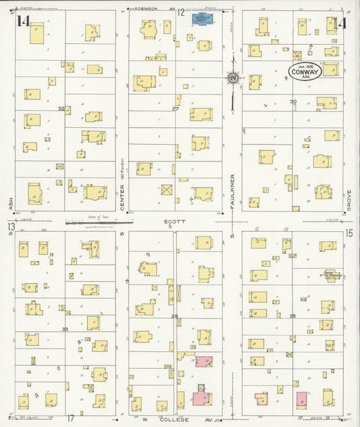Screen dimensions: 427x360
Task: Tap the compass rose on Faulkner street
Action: coord(233,78)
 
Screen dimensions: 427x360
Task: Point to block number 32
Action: coord(61,109)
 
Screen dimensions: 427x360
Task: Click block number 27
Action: coord(175,109)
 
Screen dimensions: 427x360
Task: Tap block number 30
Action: coord(293,102)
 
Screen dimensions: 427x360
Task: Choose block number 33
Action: coord(65,329)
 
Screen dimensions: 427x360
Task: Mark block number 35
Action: coord(293,316)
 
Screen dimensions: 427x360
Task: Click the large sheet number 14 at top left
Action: coord(24,22)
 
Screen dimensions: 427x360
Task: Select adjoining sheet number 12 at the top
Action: coord(181,12)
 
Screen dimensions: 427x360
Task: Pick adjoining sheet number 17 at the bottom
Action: coord(70,419)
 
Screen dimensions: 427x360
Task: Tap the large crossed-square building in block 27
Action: coord(167,189)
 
